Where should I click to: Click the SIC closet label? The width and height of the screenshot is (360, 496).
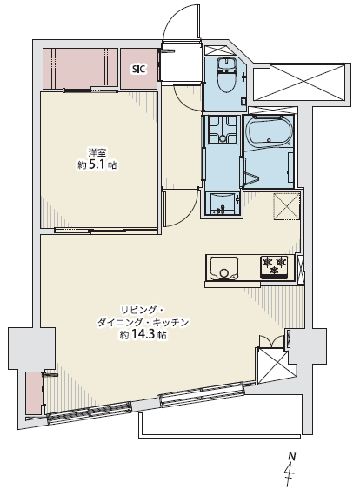pyautogui.click(x=139, y=70)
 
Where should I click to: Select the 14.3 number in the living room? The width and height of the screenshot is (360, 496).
pyautogui.click(x=142, y=335)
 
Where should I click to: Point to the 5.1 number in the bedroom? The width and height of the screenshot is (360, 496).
pyautogui.click(x=96, y=164)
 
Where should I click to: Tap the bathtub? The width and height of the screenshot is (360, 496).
pyautogui.click(x=269, y=131)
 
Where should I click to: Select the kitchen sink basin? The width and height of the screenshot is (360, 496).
pyautogui.click(x=223, y=269)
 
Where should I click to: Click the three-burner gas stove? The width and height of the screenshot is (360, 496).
pyautogui.click(x=274, y=267)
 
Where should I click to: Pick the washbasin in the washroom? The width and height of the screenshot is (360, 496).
pyautogui.click(x=223, y=204)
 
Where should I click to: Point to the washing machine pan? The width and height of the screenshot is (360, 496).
pyautogui.click(x=223, y=130)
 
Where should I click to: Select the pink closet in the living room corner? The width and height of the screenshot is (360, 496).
pyautogui.click(x=34, y=393)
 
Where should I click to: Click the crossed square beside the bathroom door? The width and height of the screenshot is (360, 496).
pyautogui.click(x=287, y=206)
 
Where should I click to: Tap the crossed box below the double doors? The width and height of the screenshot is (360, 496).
pyautogui.click(x=274, y=365)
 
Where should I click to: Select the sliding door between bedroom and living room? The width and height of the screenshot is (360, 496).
pyautogui.click(x=106, y=231)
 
